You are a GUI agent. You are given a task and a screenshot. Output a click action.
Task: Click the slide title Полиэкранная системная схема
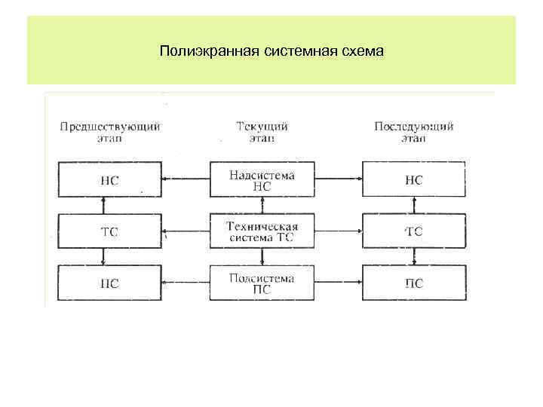(x=271, y=52)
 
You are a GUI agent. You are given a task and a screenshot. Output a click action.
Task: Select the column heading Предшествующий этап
(x=109, y=133)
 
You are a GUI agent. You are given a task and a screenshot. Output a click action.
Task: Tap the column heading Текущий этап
(x=261, y=133)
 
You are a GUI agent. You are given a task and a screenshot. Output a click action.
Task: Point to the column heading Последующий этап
(x=413, y=133)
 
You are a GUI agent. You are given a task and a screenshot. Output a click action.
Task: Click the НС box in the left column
(x=109, y=180)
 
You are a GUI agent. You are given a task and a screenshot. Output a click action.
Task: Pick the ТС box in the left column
(x=109, y=231)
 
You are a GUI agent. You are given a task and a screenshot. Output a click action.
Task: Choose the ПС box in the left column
(x=109, y=283)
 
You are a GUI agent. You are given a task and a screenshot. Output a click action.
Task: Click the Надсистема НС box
(x=261, y=180)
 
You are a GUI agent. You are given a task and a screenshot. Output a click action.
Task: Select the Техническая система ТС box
(x=261, y=231)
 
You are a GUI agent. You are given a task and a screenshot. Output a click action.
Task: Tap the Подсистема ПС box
(x=261, y=283)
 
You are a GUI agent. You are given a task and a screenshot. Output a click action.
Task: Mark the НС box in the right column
(x=413, y=180)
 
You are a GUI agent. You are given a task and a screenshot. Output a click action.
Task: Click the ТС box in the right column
(x=413, y=231)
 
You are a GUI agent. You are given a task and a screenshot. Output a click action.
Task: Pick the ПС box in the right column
(x=413, y=283)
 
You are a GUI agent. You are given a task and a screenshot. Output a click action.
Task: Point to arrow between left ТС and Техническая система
(x=186, y=231)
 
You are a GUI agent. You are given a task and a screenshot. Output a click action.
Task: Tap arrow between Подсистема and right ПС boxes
(x=337, y=283)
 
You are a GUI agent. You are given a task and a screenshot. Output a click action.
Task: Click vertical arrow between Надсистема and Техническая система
(x=262, y=206)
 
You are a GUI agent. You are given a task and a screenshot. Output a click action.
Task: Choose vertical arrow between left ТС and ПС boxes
(x=103, y=258)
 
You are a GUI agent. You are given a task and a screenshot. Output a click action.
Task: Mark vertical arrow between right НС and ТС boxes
(x=413, y=206)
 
